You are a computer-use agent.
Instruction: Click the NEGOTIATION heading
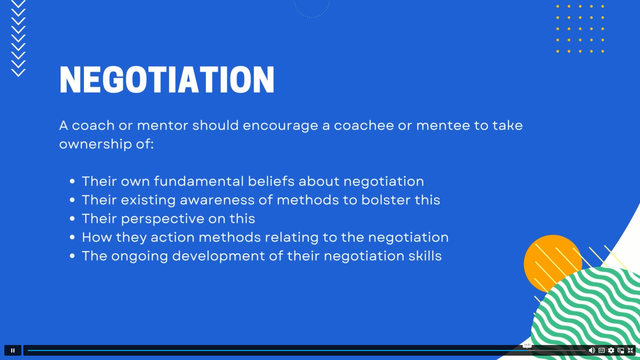pyautogui.click(x=167, y=79)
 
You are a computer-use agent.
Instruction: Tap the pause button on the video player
pyautogui.click(x=13, y=350)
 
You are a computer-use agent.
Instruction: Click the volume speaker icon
pyautogui.click(x=592, y=350)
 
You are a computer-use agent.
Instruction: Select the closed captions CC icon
pyautogui.click(x=602, y=350)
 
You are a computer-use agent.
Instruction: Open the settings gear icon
pyautogui.click(x=611, y=350)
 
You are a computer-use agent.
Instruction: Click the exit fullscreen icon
pyautogui.click(x=630, y=350)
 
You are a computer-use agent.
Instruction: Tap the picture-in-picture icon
pyautogui.click(x=621, y=350)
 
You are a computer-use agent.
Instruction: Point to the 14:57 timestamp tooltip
pyautogui.click(x=527, y=345)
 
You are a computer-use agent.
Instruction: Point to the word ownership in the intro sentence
pyautogui.click(x=95, y=144)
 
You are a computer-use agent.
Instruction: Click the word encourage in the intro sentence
pyautogui.click(x=280, y=126)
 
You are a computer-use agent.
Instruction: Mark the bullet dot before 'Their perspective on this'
pyautogui.click(x=72, y=219)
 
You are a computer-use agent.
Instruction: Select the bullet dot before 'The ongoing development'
pyautogui.click(x=72, y=256)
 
